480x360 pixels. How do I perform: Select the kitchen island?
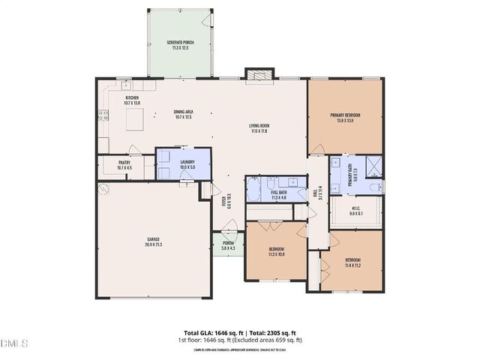coord(135,118)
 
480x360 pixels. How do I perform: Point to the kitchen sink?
coord(126,85)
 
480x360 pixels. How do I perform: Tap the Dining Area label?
coord(184,113)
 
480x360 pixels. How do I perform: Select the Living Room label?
coord(259,128)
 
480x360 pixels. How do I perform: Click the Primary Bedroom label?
coord(345,117)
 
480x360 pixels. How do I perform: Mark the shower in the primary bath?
coord(373,165)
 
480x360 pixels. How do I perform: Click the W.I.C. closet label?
coord(356,211)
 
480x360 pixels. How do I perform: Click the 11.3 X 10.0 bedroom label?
coord(276,251)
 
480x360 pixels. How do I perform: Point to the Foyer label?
coord(223,200)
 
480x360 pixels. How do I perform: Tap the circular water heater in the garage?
coord(105,189)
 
